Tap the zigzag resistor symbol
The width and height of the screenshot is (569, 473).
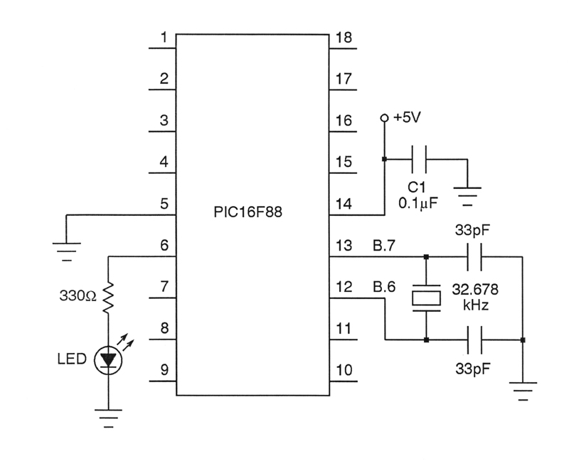pos(108,298)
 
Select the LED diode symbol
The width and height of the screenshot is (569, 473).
pos(108,360)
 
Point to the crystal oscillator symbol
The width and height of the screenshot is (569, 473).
pos(425,298)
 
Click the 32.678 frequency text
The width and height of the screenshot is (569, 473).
pos(475,290)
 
